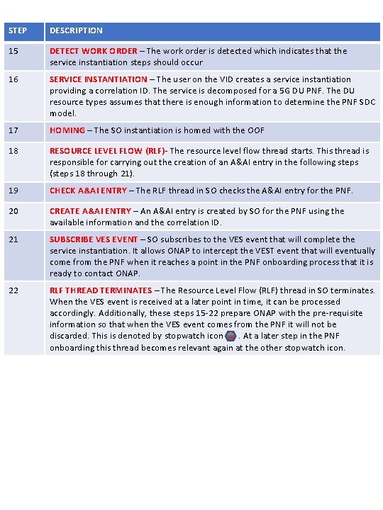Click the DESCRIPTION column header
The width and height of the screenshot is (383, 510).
pyautogui.click(x=76, y=30)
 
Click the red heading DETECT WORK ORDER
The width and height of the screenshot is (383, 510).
pyautogui.click(x=93, y=51)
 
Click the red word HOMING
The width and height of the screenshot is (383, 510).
pyautogui.click(x=67, y=130)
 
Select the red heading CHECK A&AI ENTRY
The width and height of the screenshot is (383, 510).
pyautogui.click(x=88, y=191)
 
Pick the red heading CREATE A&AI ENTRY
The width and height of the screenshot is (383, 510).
pyautogui.click(x=90, y=211)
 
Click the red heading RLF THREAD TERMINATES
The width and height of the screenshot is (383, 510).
pyautogui.click(x=101, y=290)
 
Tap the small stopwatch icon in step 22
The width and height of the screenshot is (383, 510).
pyautogui.click(x=231, y=336)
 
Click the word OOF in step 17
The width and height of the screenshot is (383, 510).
pyautogui.click(x=257, y=130)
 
